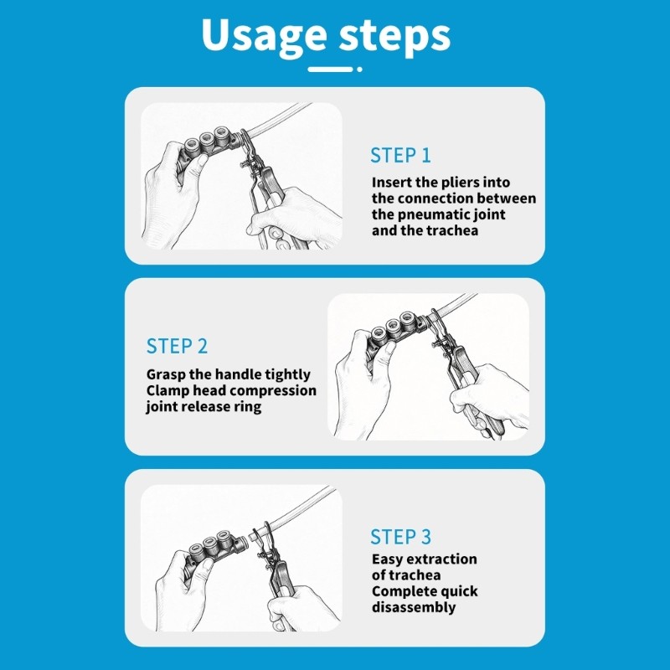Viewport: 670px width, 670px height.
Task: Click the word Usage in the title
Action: coord(264,37)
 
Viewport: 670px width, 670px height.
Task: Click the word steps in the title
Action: coord(394,37)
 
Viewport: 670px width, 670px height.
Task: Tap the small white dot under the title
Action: coord(359,69)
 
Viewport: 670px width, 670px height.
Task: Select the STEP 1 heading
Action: coord(400,155)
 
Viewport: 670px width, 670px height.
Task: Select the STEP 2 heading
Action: coord(177,346)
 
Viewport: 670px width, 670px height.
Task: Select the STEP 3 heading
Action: coord(400,537)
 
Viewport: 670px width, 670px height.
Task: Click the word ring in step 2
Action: coord(247,407)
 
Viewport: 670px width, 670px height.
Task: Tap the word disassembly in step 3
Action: coord(414,607)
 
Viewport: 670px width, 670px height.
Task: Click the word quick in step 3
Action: coord(457,591)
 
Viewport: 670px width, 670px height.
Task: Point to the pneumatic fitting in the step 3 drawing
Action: coord(216,551)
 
